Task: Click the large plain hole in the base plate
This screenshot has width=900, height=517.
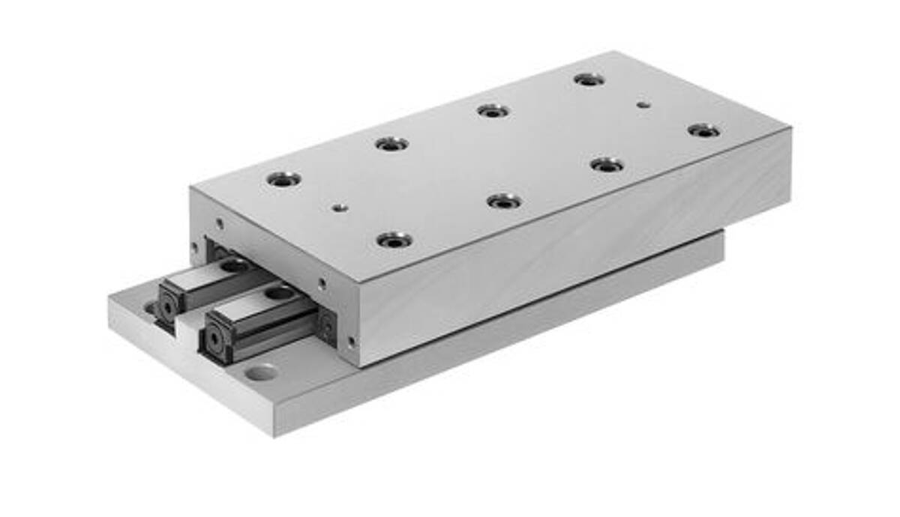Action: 260,371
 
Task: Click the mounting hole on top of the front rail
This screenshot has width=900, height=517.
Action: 280,291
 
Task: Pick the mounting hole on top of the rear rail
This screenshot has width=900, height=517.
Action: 235,265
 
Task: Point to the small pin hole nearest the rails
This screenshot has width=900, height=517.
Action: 340,208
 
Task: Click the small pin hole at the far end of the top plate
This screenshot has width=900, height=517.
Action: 642,105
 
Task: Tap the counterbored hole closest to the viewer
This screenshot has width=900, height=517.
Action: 394,241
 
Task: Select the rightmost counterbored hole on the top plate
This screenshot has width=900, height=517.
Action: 703,131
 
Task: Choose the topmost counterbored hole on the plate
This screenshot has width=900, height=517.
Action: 589,79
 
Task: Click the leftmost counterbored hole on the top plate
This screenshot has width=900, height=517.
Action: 283,179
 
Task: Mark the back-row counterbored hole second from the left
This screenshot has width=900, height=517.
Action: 392,143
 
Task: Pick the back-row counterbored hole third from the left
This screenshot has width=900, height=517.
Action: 493,111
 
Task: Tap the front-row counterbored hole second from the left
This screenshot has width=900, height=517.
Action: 504,201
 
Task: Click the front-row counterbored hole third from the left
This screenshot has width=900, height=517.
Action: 607,164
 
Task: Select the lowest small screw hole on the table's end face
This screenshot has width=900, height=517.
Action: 350,341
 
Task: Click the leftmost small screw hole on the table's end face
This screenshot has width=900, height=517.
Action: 195,245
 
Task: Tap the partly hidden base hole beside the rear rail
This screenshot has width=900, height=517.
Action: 151,308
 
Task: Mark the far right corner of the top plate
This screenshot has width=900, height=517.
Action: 790,129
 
